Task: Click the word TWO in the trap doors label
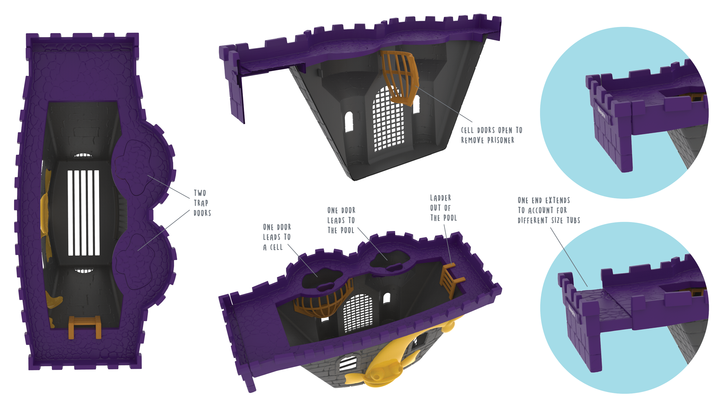[x=200, y=193]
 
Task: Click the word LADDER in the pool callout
[x=440, y=198]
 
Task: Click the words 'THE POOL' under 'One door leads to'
[x=341, y=230]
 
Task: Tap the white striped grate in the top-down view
[x=84, y=213]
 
